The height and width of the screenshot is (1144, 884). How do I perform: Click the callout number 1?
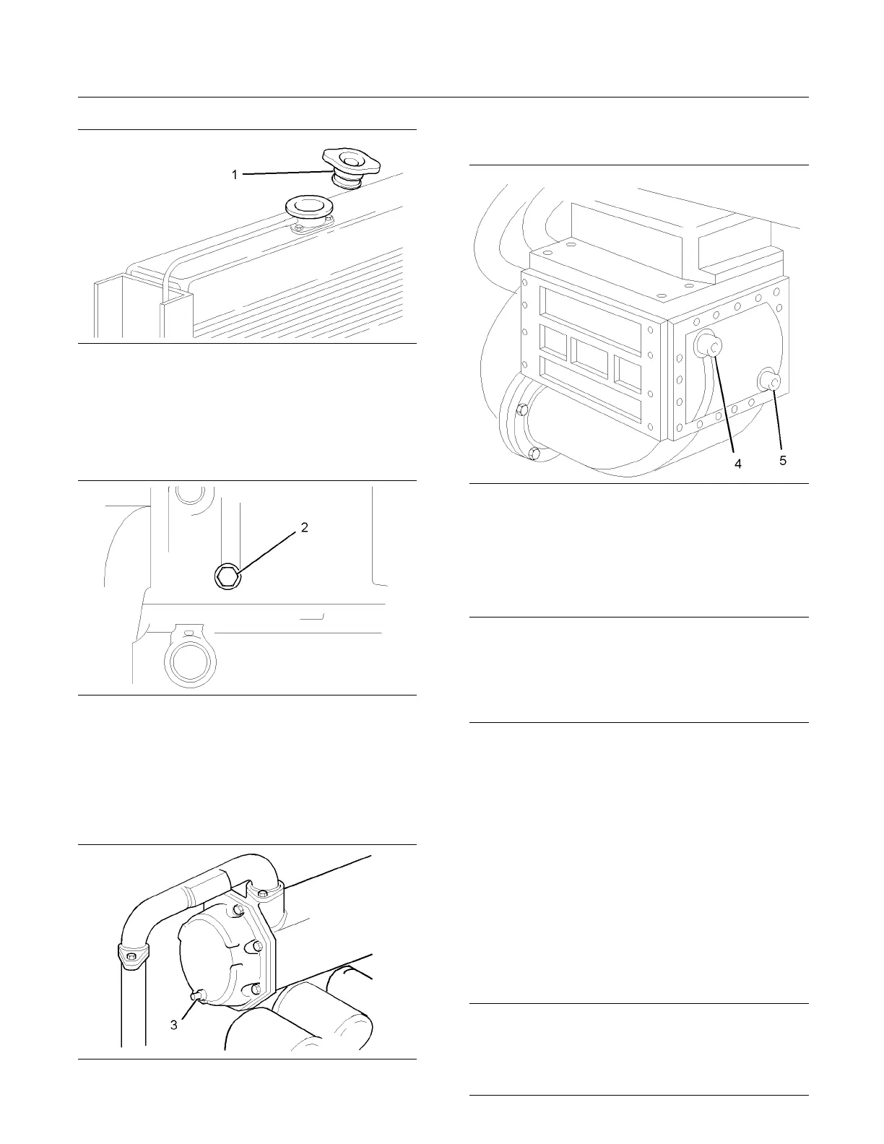(x=235, y=175)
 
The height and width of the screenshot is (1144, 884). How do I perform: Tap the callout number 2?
(x=305, y=528)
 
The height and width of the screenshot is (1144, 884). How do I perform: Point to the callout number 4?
(x=738, y=464)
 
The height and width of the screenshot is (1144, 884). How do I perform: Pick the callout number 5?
(x=783, y=461)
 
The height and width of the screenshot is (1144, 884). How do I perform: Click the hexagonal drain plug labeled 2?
(x=227, y=576)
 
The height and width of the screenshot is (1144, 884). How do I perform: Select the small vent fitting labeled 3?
(x=196, y=997)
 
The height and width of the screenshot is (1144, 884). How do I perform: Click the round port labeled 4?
(x=707, y=346)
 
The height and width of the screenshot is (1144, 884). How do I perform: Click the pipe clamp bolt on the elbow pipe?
(x=131, y=957)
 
